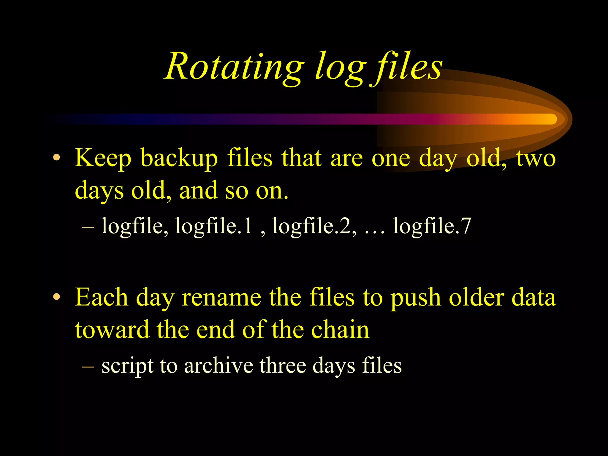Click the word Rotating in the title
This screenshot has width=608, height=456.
click(x=235, y=67)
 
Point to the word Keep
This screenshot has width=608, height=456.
click(x=103, y=158)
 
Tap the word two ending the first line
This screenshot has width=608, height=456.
click(x=536, y=158)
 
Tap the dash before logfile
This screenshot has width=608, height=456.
click(x=88, y=227)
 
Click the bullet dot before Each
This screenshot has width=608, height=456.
click(x=56, y=297)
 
